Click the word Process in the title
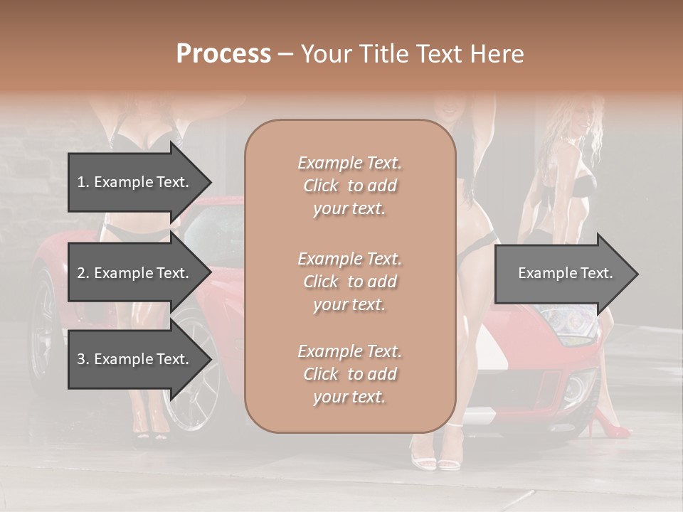[x=223, y=54]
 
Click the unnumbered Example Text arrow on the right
[x=566, y=273]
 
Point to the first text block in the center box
[x=349, y=186]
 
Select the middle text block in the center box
[x=349, y=282]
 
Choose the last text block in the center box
[x=349, y=374]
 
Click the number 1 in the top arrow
[x=81, y=182]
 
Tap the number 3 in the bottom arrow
[x=81, y=359]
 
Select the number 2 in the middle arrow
[x=81, y=273]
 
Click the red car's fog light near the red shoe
[x=575, y=388]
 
